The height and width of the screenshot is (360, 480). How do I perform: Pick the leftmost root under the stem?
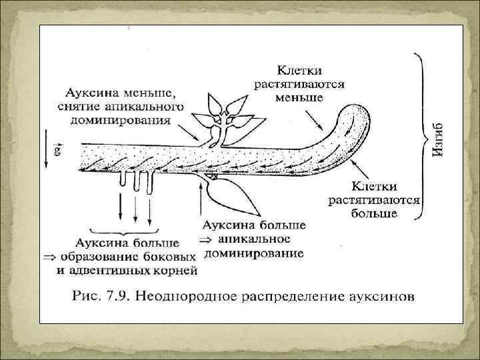point(125,180)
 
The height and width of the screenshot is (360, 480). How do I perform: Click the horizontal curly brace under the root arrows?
point(136,227)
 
